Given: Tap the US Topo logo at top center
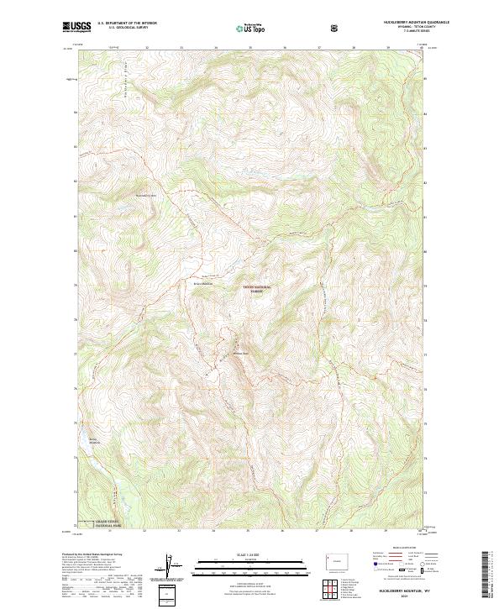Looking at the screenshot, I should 244,29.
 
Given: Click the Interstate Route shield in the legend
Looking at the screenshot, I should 376,576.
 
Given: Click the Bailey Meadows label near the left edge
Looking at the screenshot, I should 88,440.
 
